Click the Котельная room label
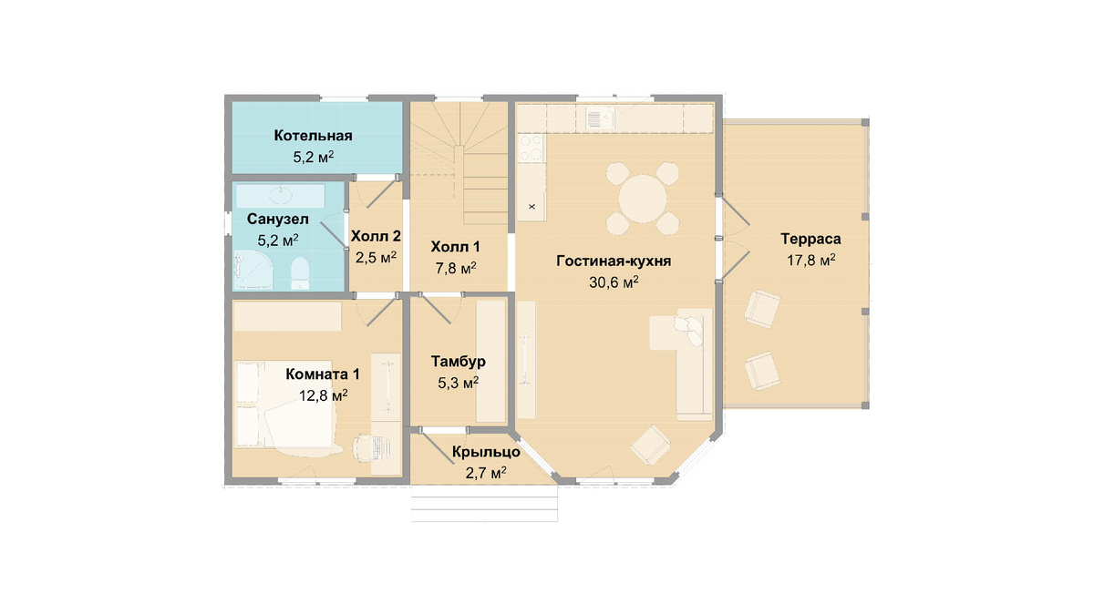313,135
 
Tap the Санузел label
278,220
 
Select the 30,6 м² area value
614,282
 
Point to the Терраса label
810,239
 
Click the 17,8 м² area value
811,260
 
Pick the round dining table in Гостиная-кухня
642,199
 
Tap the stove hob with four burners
532,148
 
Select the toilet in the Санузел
300,273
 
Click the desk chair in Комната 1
363,446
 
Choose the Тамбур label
458,361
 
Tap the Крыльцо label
486,452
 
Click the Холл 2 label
376,236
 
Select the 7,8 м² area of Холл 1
454,268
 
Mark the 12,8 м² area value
324,395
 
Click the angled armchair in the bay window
650,446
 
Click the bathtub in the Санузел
281,196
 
